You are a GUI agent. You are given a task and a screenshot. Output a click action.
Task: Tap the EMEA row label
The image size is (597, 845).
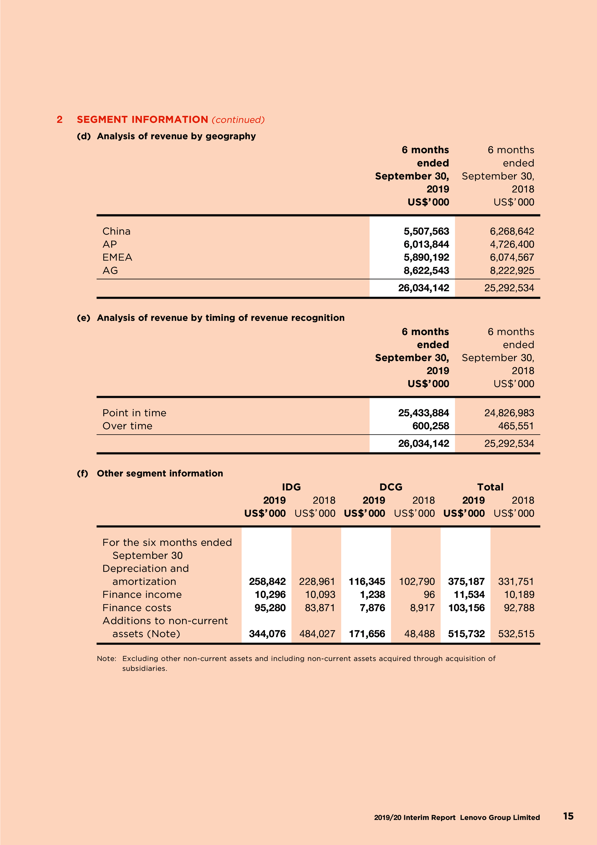pyautogui.click(x=117, y=257)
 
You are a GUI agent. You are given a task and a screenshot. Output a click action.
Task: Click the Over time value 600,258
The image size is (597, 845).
pyautogui.click(x=430, y=426)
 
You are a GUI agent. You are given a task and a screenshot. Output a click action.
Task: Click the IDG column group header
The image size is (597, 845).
pyautogui.click(x=291, y=487)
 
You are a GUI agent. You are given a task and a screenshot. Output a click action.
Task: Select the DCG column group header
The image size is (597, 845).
pyautogui.click(x=391, y=487)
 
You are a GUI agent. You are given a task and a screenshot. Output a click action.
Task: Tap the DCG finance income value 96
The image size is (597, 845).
pyautogui.click(x=429, y=595)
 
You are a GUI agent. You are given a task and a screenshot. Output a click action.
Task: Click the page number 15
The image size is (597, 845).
pyautogui.click(x=568, y=816)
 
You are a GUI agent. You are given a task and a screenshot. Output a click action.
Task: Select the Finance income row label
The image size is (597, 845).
pyautogui.click(x=142, y=595)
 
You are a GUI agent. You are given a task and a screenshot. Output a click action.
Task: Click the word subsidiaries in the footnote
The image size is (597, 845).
pyautogui.click(x=145, y=668)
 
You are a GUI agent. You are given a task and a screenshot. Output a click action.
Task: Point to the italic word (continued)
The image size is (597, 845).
pyautogui.click(x=238, y=120)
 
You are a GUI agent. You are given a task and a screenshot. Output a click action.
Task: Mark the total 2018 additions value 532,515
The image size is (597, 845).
pyautogui.click(x=516, y=634)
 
